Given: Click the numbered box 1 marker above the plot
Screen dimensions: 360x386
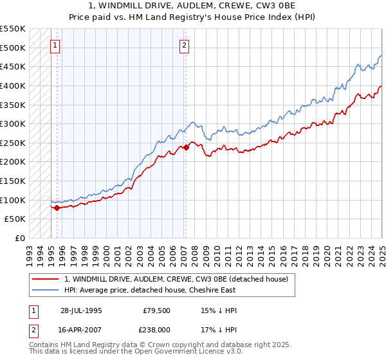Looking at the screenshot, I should (x=56, y=45).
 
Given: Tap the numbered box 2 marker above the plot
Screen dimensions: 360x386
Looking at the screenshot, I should (x=185, y=45).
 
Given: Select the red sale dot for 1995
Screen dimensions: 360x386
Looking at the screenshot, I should (x=57, y=208).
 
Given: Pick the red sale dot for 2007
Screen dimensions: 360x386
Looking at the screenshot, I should (x=185, y=147).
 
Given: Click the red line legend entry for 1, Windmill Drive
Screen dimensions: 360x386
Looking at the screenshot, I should (x=179, y=279).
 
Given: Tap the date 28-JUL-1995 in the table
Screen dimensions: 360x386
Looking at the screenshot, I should (x=80, y=310).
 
